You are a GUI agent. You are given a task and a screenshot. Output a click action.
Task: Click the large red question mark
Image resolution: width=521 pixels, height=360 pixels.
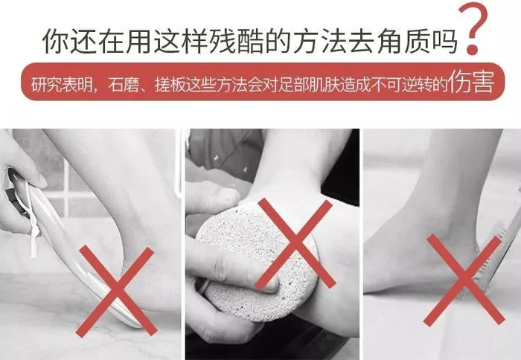click(x=473, y=28)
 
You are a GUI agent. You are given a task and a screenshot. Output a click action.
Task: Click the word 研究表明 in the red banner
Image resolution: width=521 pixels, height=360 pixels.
click(x=62, y=85)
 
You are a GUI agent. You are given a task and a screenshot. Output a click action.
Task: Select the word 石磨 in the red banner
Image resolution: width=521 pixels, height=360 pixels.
click(x=124, y=85)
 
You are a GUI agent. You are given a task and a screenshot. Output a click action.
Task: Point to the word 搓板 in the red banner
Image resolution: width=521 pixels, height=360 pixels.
click(x=170, y=85)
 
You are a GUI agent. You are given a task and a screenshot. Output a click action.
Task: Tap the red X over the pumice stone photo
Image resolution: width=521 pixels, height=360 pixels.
click(x=295, y=244)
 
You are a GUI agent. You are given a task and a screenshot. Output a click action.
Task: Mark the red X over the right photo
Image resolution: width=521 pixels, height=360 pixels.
click(x=464, y=280)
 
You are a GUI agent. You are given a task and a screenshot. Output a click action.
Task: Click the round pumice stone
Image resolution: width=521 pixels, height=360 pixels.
click(x=258, y=263)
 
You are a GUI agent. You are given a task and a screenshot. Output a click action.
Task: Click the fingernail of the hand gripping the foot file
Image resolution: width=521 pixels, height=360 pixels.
click(x=39, y=180)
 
